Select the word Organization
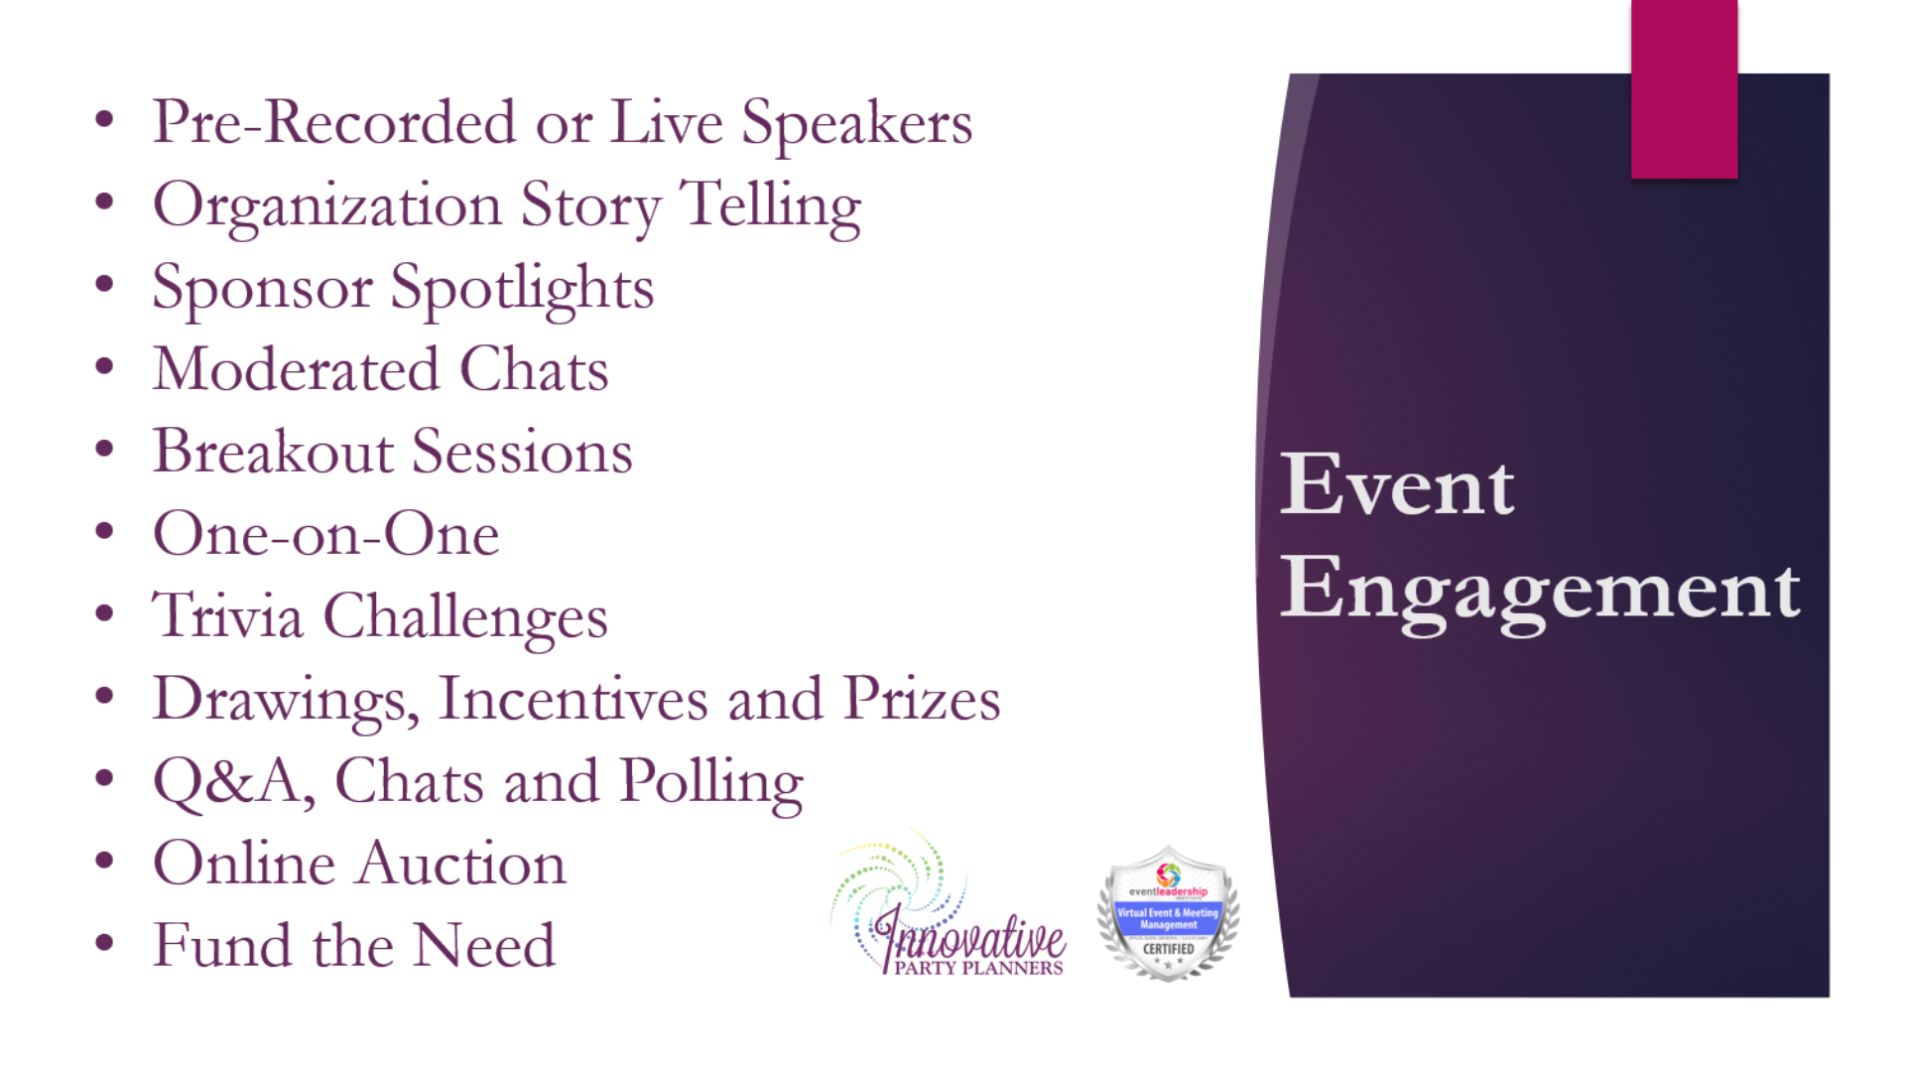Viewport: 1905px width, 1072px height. (327, 206)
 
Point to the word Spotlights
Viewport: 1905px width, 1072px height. (522, 289)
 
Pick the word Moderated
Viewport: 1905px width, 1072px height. (296, 370)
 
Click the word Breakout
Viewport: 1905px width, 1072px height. (273, 453)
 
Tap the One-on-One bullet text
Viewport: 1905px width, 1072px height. (325, 535)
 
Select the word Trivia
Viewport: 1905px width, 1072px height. (227, 616)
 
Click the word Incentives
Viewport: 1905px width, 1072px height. (572, 699)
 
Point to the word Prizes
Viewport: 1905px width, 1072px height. (921, 699)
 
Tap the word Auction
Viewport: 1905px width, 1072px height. (461, 864)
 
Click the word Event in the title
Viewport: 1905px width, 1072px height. (1397, 485)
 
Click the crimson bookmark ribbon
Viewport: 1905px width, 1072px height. (1684, 89)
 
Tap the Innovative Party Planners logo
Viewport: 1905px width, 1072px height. (949, 908)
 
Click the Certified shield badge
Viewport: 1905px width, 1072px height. (1168, 913)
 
